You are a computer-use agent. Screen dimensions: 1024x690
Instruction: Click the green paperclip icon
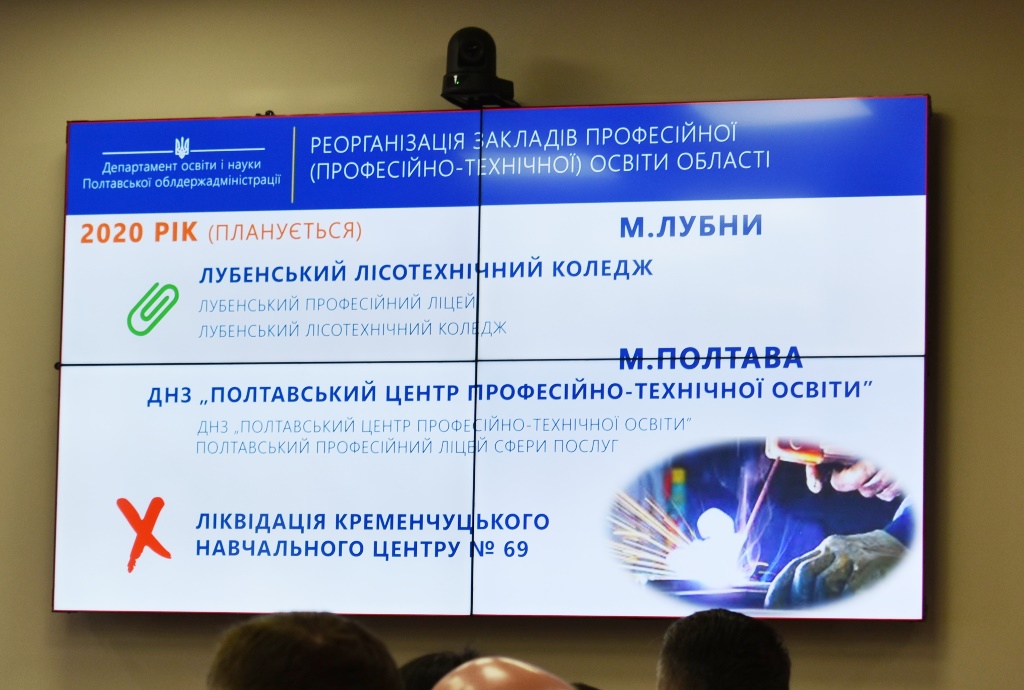[153, 309]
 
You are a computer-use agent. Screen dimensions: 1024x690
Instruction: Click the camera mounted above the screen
[472, 67]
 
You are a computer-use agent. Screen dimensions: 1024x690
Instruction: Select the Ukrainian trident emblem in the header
[181, 148]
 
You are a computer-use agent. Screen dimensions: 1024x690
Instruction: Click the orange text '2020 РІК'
[139, 233]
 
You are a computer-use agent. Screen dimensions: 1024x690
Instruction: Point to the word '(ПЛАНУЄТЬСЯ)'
[285, 231]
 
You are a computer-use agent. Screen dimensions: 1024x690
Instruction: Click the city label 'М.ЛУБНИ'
[691, 226]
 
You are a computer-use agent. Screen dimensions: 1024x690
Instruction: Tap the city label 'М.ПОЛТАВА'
[711, 358]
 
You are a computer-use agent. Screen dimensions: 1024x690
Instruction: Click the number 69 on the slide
[515, 550]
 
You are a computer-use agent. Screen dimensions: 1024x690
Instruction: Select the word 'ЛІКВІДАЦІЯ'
[261, 522]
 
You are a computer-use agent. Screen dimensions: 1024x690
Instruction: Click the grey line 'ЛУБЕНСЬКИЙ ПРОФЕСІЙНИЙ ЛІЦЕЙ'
[337, 304]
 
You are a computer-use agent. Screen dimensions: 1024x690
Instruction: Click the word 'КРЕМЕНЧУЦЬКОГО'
[442, 522]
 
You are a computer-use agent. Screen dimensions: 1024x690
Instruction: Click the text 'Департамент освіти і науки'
[181, 166]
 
